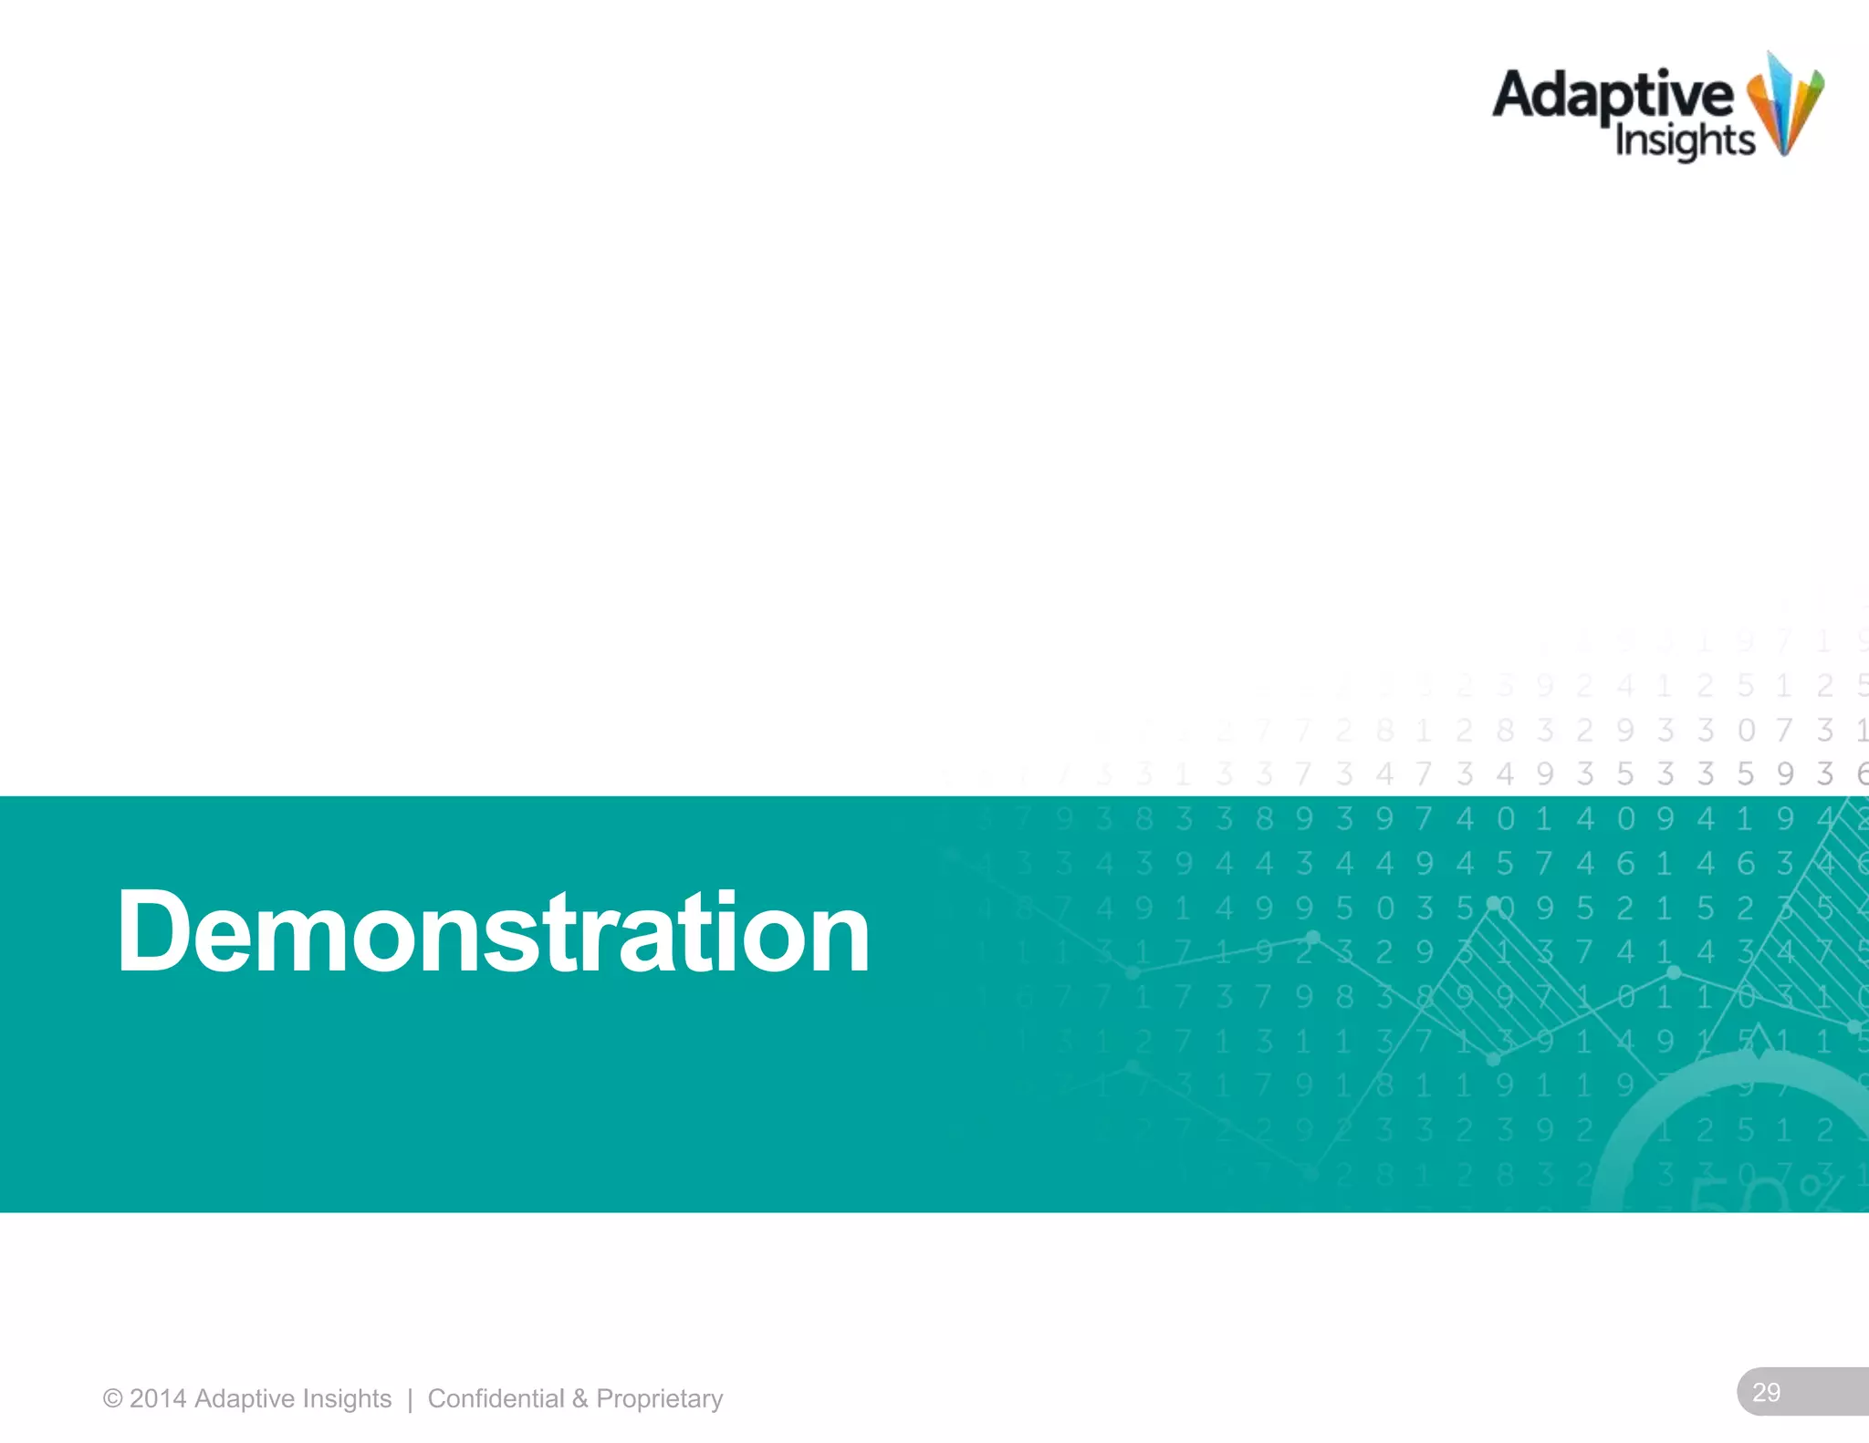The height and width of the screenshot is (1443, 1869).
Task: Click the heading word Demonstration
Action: coord(493,932)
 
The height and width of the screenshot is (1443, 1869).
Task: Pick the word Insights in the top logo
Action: coord(1685,142)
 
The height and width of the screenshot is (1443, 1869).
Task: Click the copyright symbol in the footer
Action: coord(112,1399)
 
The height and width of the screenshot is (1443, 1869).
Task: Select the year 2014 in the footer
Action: coord(158,1399)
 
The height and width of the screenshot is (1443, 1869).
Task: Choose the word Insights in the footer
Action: coord(346,1399)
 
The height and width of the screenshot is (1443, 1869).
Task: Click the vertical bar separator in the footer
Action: coord(410,1399)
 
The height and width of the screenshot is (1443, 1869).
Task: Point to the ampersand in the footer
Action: coord(580,1399)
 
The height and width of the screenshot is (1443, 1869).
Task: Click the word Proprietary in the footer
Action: coord(659,1399)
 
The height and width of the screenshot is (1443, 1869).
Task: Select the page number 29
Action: coord(1766,1392)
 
